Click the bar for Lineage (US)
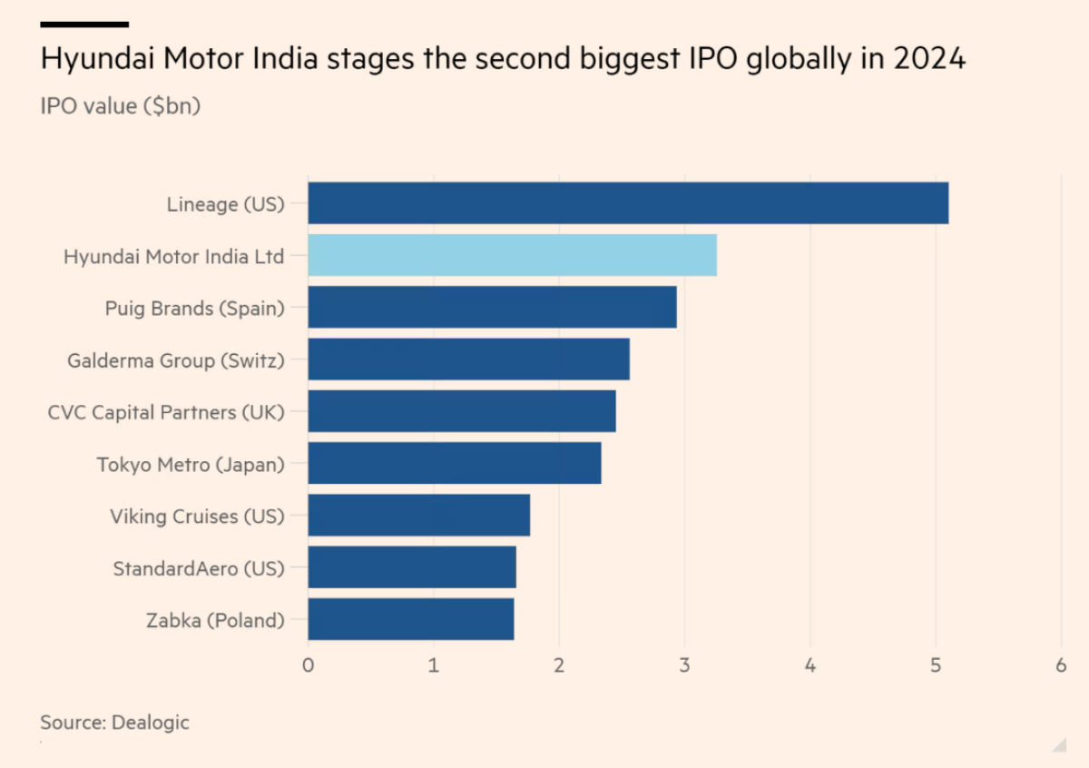pyautogui.click(x=628, y=203)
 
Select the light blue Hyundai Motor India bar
pyautogui.click(x=512, y=255)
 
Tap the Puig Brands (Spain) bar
pyautogui.click(x=492, y=307)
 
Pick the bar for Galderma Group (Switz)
pyautogui.click(x=468, y=359)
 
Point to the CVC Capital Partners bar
pyautogui.click(x=462, y=411)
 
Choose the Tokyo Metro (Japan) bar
pyautogui.click(x=454, y=463)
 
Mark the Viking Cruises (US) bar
pyautogui.click(x=418, y=515)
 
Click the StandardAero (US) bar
pyautogui.click(x=412, y=566)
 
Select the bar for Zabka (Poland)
pyautogui.click(x=410, y=619)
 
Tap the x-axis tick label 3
pyautogui.click(x=684, y=665)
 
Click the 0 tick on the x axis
pyautogui.click(x=309, y=665)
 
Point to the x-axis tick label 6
pyautogui.click(x=1060, y=665)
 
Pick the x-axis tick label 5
pyautogui.click(x=935, y=665)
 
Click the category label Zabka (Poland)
pyautogui.click(x=215, y=621)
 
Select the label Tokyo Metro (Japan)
pyautogui.click(x=191, y=465)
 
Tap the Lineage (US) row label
pyautogui.click(x=225, y=204)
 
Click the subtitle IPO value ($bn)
pyautogui.click(x=120, y=106)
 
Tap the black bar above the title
pyautogui.click(x=84, y=25)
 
